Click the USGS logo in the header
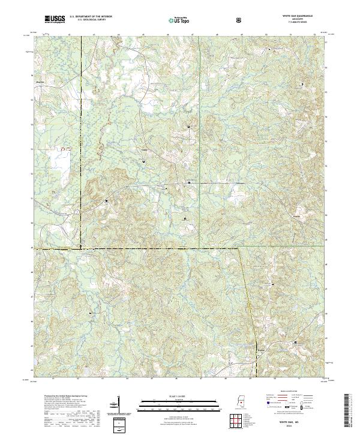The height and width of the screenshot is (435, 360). click(x=53, y=19)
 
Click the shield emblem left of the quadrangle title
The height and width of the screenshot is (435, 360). click(x=240, y=20)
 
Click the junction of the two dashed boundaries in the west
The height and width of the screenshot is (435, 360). click(x=79, y=247)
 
